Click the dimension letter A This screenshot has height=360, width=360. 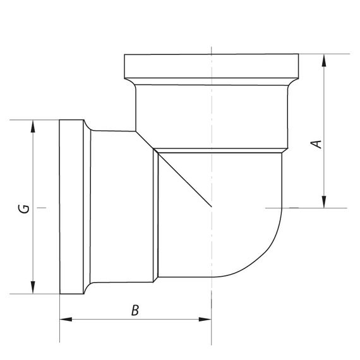point(319,143)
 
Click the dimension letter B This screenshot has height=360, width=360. point(135,310)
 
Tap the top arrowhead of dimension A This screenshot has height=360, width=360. point(324,60)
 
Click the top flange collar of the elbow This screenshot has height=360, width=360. point(212,65)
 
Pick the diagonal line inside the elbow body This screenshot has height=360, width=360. point(183,179)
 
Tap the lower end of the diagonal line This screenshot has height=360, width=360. point(211,207)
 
